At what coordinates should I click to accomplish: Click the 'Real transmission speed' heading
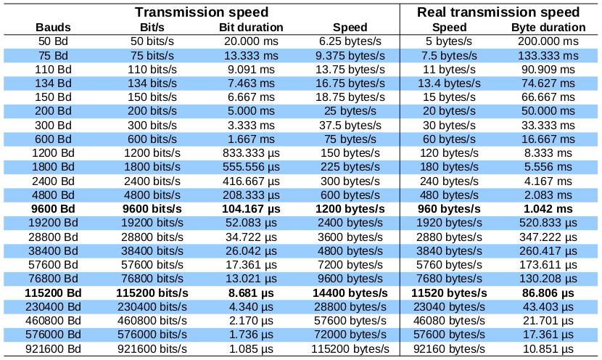coord(500,12)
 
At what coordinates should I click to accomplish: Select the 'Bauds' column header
coord(54,27)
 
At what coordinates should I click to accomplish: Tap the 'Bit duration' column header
coord(251,27)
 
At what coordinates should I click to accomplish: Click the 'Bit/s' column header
coord(152,27)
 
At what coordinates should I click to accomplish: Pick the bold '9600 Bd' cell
coord(54,209)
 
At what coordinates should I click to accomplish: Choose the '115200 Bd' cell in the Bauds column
coord(54,292)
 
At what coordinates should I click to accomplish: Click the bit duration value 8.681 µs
coord(251,292)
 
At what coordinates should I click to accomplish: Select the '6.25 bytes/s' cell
coord(350,41)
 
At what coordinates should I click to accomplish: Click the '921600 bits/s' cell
coord(152,348)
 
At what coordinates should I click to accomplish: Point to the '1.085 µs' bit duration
coord(251,348)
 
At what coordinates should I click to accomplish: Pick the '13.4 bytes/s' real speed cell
coord(450,83)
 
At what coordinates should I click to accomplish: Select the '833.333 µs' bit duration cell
coord(251,153)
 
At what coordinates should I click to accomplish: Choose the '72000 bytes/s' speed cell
coord(350,335)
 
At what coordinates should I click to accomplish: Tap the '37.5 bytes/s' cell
coord(350,125)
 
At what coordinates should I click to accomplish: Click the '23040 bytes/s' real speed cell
coord(450,306)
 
